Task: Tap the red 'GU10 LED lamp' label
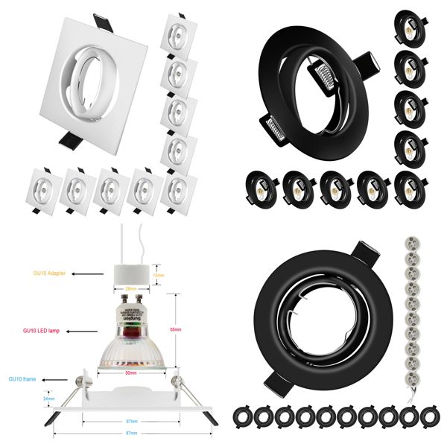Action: pyautogui.click(x=45, y=329)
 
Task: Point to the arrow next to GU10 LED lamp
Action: pyautogui.click(x=93, y=329)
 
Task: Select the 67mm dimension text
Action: pyautogui.click(x=131, y=421)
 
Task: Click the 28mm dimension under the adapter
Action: pyautogui.click(x=131, y=288)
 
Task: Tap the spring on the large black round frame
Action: pyautogui.click(x=322, y=72)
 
